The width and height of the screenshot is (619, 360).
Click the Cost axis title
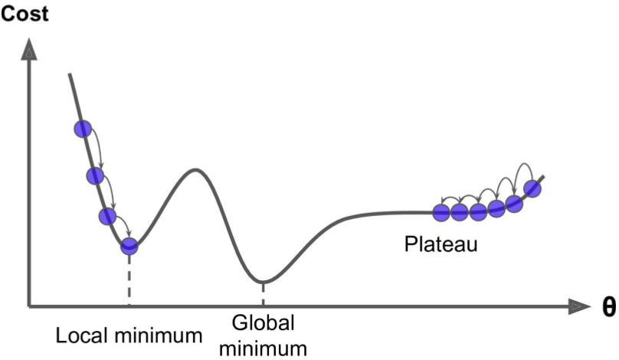25,14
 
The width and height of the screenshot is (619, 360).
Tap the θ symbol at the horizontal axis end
609,306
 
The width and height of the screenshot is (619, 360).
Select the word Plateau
441,244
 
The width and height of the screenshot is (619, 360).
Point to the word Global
263,323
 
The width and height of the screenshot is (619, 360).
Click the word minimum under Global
263,349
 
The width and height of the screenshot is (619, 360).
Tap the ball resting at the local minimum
129,247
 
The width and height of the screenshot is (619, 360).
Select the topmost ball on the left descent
83,129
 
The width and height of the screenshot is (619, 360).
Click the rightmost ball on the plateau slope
532,188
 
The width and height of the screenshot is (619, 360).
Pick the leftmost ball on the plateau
441,213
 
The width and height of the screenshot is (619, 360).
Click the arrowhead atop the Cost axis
29,50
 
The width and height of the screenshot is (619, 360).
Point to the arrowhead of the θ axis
579,306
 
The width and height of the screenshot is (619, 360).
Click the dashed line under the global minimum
263,294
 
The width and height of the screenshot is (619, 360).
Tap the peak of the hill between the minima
195,170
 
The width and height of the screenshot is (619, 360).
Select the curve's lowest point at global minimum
263,282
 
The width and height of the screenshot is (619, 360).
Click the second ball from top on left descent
95,175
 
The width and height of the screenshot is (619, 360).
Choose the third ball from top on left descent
107,216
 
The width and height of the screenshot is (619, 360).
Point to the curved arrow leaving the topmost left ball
99,146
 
